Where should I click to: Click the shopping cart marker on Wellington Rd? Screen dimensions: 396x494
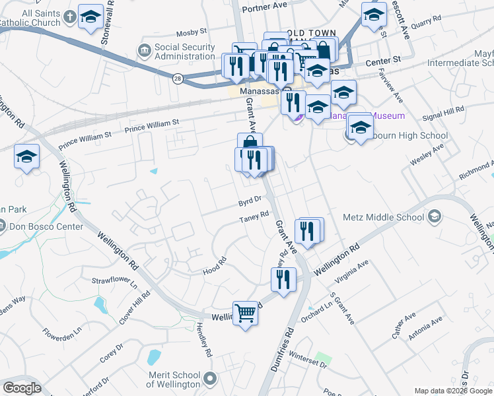pyautogui.click(x=246, y=313)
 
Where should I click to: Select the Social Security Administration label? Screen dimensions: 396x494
pyautogui.click(x=184, y=51)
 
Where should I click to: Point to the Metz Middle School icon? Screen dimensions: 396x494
pyautogui.click(x=435, y=216)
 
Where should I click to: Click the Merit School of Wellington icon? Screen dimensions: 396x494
pyautogui.click(x=210, y=379)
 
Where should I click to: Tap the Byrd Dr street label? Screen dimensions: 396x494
pyautogui.click(x=250, y=198)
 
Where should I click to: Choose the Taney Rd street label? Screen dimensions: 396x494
pyautogui.click(x=254, y=216)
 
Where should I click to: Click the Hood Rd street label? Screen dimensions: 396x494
pyautogui.click(x=215, y=265)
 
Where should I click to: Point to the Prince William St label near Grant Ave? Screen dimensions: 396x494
pyautogui.click(x=152, y=123)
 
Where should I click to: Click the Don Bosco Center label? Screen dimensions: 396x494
pyautogui.click(x=46, y=226)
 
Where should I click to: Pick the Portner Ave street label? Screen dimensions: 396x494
pyautogui.click(x=265, y=6)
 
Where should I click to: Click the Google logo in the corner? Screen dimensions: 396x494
pyautogui.click(x=22, y=388)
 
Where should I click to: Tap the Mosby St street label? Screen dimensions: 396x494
pyautogui.click(x=192, y=31)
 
